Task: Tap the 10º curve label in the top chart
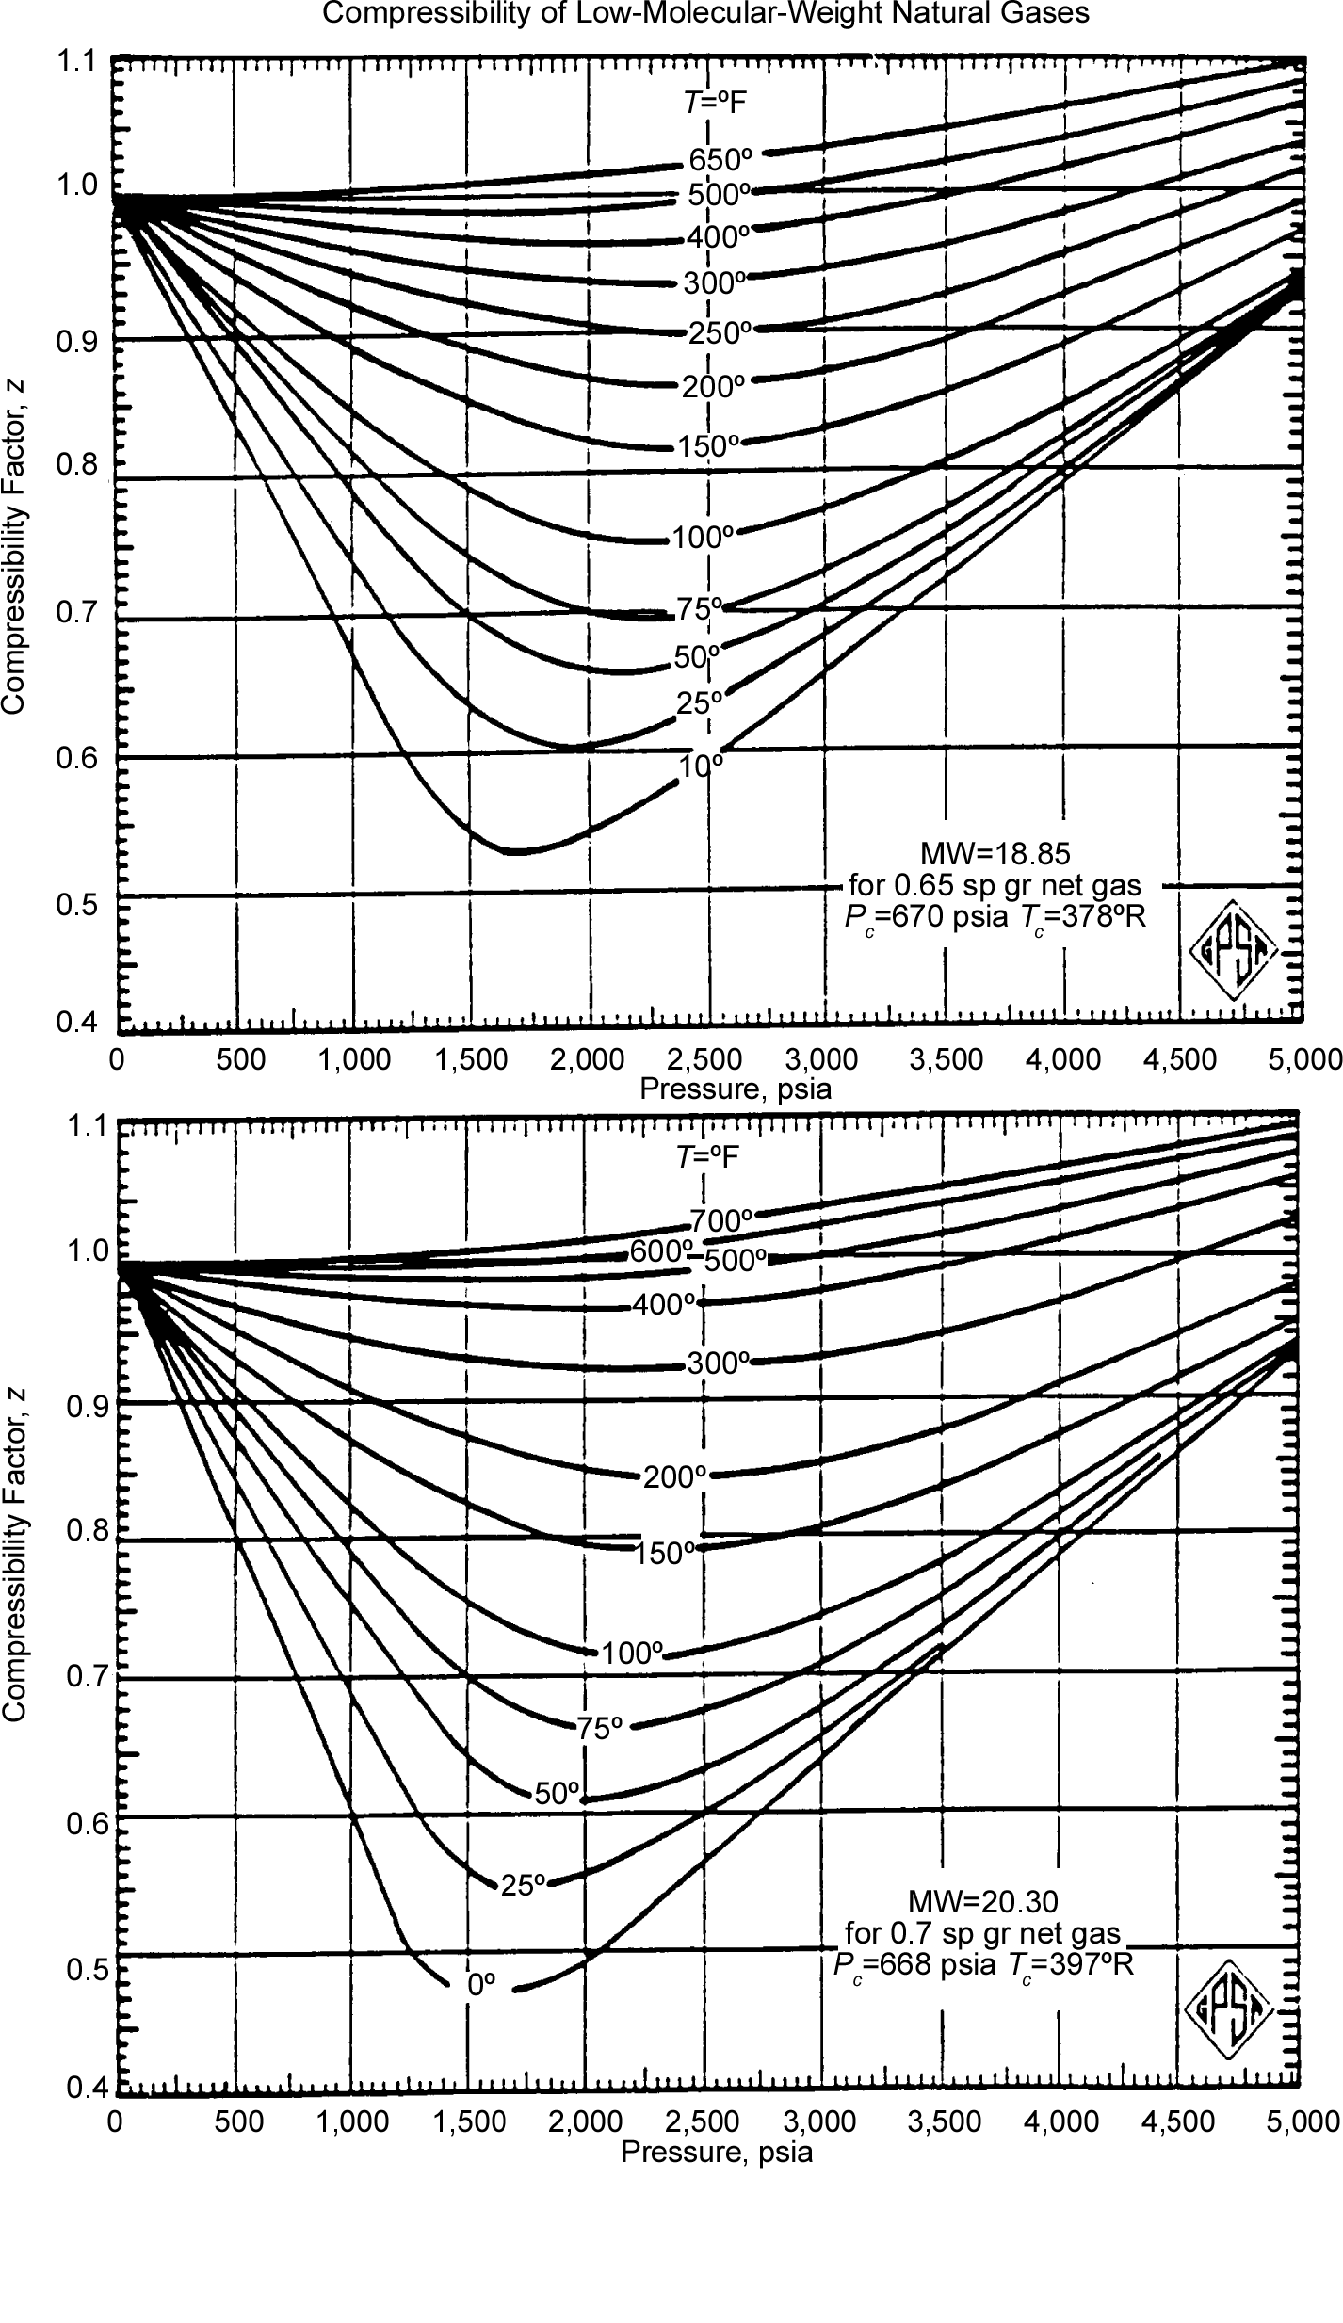(x=702, y=765)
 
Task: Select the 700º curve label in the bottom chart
(x=722, y=1220)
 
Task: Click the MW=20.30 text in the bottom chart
(x=982, y=1897)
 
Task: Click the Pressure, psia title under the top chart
(x=736, y=1089)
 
